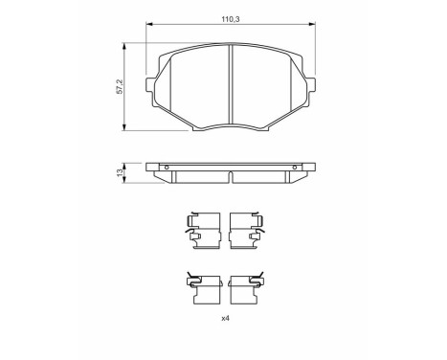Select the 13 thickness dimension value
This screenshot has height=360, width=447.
click(119, 173)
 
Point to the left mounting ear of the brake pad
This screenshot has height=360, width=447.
click(153, 87)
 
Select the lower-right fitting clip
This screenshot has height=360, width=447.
click(251, 283)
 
